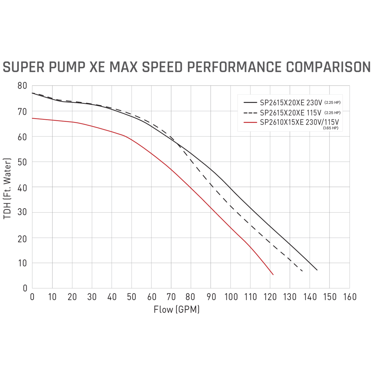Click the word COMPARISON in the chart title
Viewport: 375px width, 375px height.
[328, 67]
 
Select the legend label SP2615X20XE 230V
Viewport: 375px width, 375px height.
[291, 103]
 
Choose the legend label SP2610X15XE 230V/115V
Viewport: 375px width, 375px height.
[299, 122]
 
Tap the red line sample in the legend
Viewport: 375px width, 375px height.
[250, 122]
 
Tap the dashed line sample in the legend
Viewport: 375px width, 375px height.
[250, 113]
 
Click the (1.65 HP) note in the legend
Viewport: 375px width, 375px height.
[331, 128]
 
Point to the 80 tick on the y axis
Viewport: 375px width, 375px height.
[22, 86]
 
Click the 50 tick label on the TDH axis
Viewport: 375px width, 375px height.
[22, 162]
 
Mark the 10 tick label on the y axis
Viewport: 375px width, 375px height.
[22, 263]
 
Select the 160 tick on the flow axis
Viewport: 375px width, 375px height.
[349, 297]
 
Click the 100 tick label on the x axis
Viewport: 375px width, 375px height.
[231, 297]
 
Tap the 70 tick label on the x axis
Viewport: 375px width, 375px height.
[171, 297]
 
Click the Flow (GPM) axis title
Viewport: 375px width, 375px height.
[177, 310]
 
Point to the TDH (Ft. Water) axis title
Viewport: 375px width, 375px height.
[7, 188]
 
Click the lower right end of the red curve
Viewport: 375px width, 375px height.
[273, 274]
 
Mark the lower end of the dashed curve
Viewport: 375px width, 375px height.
[302, 271]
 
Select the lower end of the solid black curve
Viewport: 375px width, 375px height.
[317, 270]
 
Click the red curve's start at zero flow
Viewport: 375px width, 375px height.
[32, 118]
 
